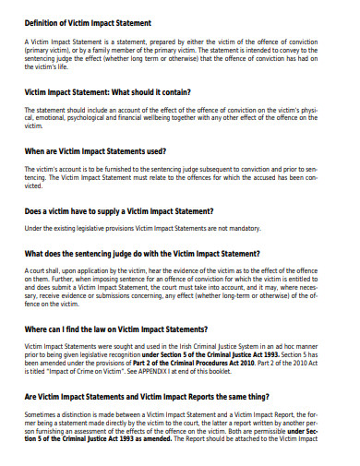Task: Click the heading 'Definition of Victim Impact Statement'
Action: click(x=88, y=22)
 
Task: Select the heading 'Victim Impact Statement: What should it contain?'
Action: click(x=108, y=92)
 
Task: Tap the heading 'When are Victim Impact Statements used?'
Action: click(x=96, y=150)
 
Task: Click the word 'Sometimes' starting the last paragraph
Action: click(x=42, y=415)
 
